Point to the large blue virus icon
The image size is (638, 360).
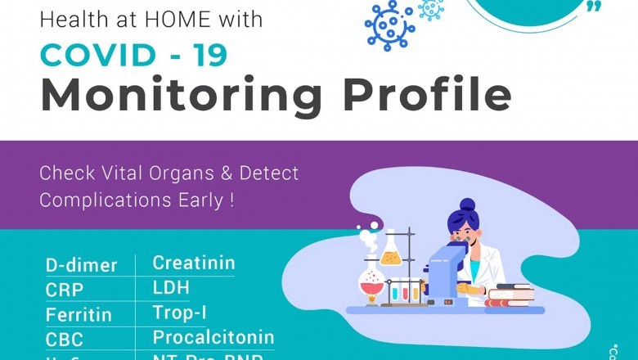coord(389,25)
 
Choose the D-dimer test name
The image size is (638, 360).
coord(81,265)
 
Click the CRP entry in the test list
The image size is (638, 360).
coord(65,290)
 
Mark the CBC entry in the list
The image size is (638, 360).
coord(65,339)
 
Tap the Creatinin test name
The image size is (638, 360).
coord(194,263)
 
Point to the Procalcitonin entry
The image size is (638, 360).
coord(213,337)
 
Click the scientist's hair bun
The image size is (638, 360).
coord(466,205)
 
